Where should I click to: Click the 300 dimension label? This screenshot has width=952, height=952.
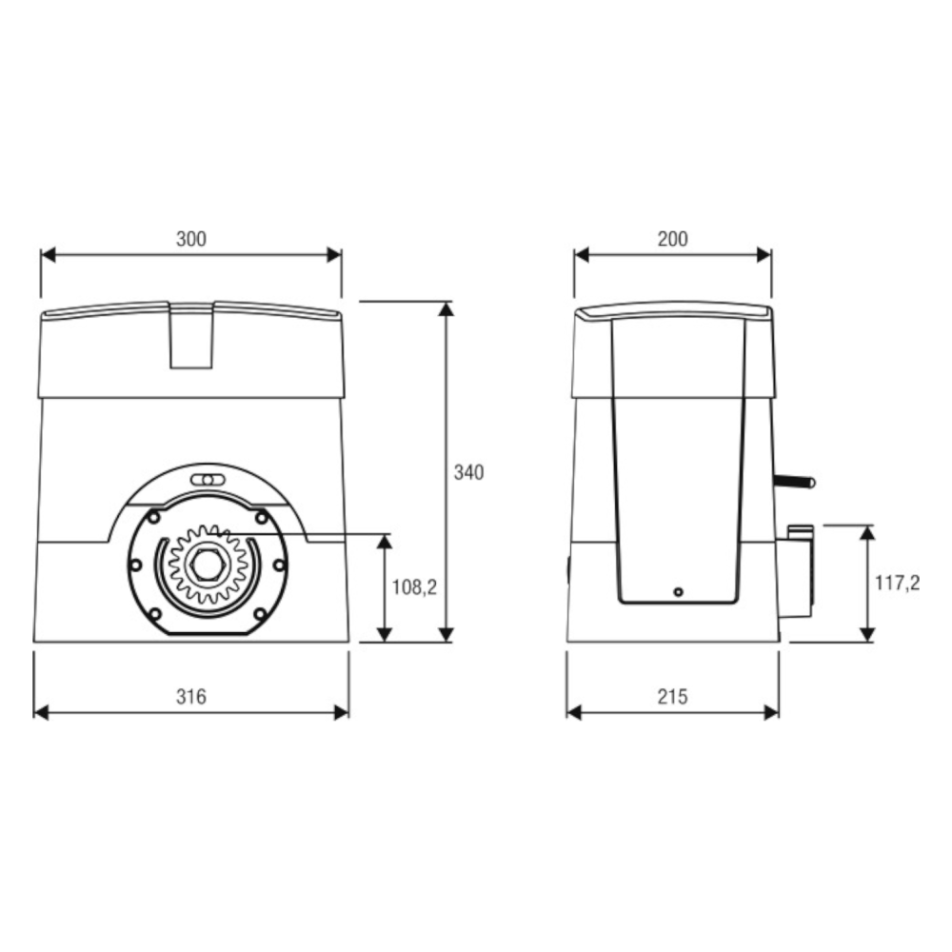point(191,239)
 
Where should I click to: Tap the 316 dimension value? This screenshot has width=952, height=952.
point(191,697)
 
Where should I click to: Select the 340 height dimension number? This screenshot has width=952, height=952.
point(468,472)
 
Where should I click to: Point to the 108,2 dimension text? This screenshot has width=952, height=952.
point(414,587)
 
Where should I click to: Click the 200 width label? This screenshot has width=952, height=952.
point(673,239)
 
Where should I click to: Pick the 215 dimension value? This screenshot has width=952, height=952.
point(673,697)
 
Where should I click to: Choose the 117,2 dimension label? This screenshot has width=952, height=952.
point(897,584)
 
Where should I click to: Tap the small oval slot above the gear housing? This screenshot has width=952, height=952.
point(208,480)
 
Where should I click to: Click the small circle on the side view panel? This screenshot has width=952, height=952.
point(678,592)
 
